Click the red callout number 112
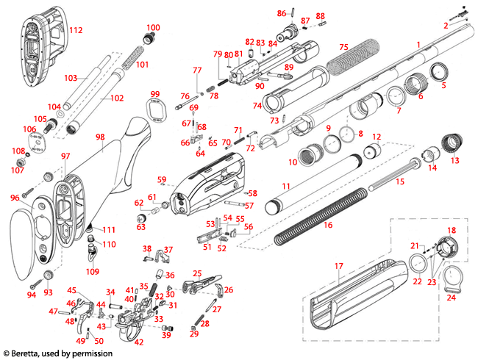(76, 31)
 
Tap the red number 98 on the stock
(100, 137)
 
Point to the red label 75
(343, 47)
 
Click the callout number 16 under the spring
(328, 225)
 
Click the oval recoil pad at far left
(28, 236)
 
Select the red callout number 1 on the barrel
(418, 45)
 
